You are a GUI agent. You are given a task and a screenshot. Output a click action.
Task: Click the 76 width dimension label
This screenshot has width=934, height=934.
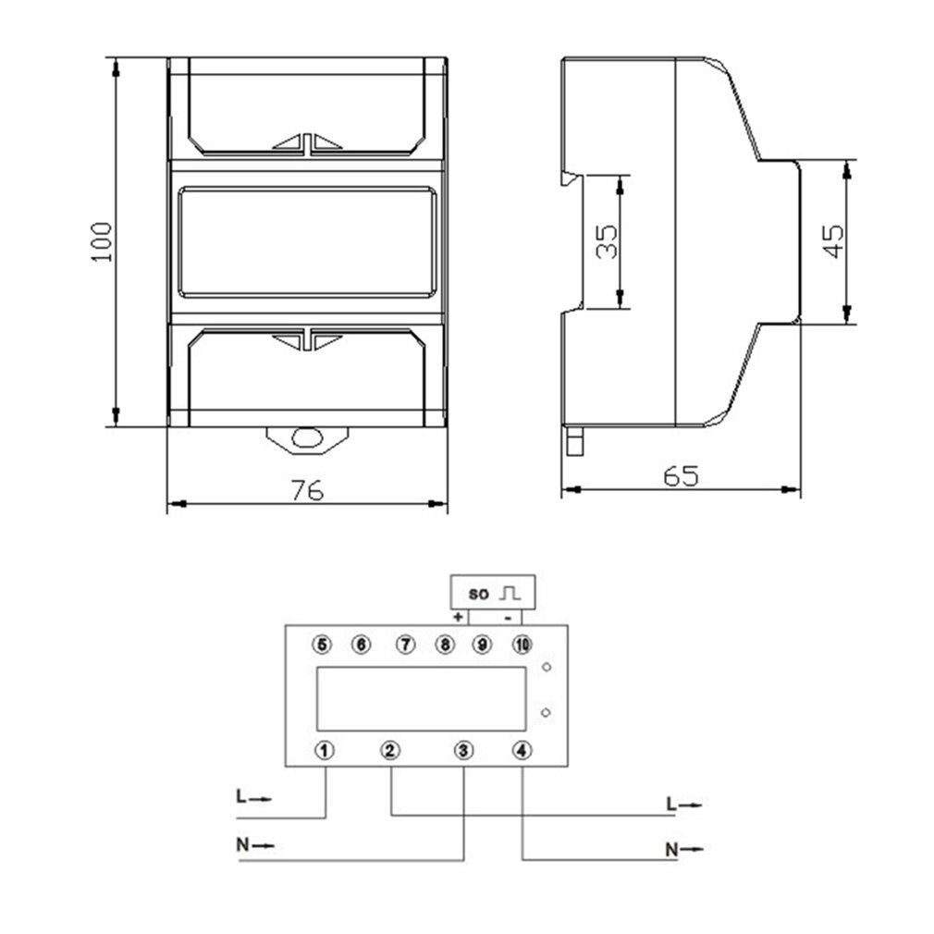tap(307, 490)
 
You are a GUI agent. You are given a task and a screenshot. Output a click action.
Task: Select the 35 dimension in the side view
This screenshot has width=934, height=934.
tap(607, 241)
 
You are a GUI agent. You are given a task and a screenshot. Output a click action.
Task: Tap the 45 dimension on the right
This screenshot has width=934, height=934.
tap(833, 241)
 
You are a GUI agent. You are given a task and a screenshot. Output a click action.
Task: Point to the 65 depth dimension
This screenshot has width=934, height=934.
tap(681, 476)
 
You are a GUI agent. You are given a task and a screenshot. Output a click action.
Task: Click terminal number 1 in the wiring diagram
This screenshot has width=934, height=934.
tap(324, 750)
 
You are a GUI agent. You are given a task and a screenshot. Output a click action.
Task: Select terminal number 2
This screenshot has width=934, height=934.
tap(390, 750)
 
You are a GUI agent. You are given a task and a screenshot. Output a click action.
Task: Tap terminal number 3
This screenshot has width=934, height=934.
tap(463, 750)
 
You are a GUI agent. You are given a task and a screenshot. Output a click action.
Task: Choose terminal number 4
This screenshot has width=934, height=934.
tap(522, 750)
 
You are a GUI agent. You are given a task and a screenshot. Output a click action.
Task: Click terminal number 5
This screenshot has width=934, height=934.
tap(322, 644)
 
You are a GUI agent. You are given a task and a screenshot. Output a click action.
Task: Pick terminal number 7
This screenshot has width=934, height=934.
tap(404, 644)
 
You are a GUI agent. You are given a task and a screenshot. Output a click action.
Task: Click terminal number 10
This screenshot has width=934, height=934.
tap(522, 644)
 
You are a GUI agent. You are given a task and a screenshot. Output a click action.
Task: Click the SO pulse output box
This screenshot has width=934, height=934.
tap(492, 592)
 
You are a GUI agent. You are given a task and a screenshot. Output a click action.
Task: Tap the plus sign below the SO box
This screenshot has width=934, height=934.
tap(458, 617)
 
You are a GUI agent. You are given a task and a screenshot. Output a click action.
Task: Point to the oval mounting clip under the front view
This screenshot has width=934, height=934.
tap(306, 438)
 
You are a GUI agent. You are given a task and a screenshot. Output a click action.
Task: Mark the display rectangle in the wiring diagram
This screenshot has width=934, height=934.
tap(421, 698)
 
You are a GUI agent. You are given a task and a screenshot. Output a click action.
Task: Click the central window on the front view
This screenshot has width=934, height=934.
tap(306, 241)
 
